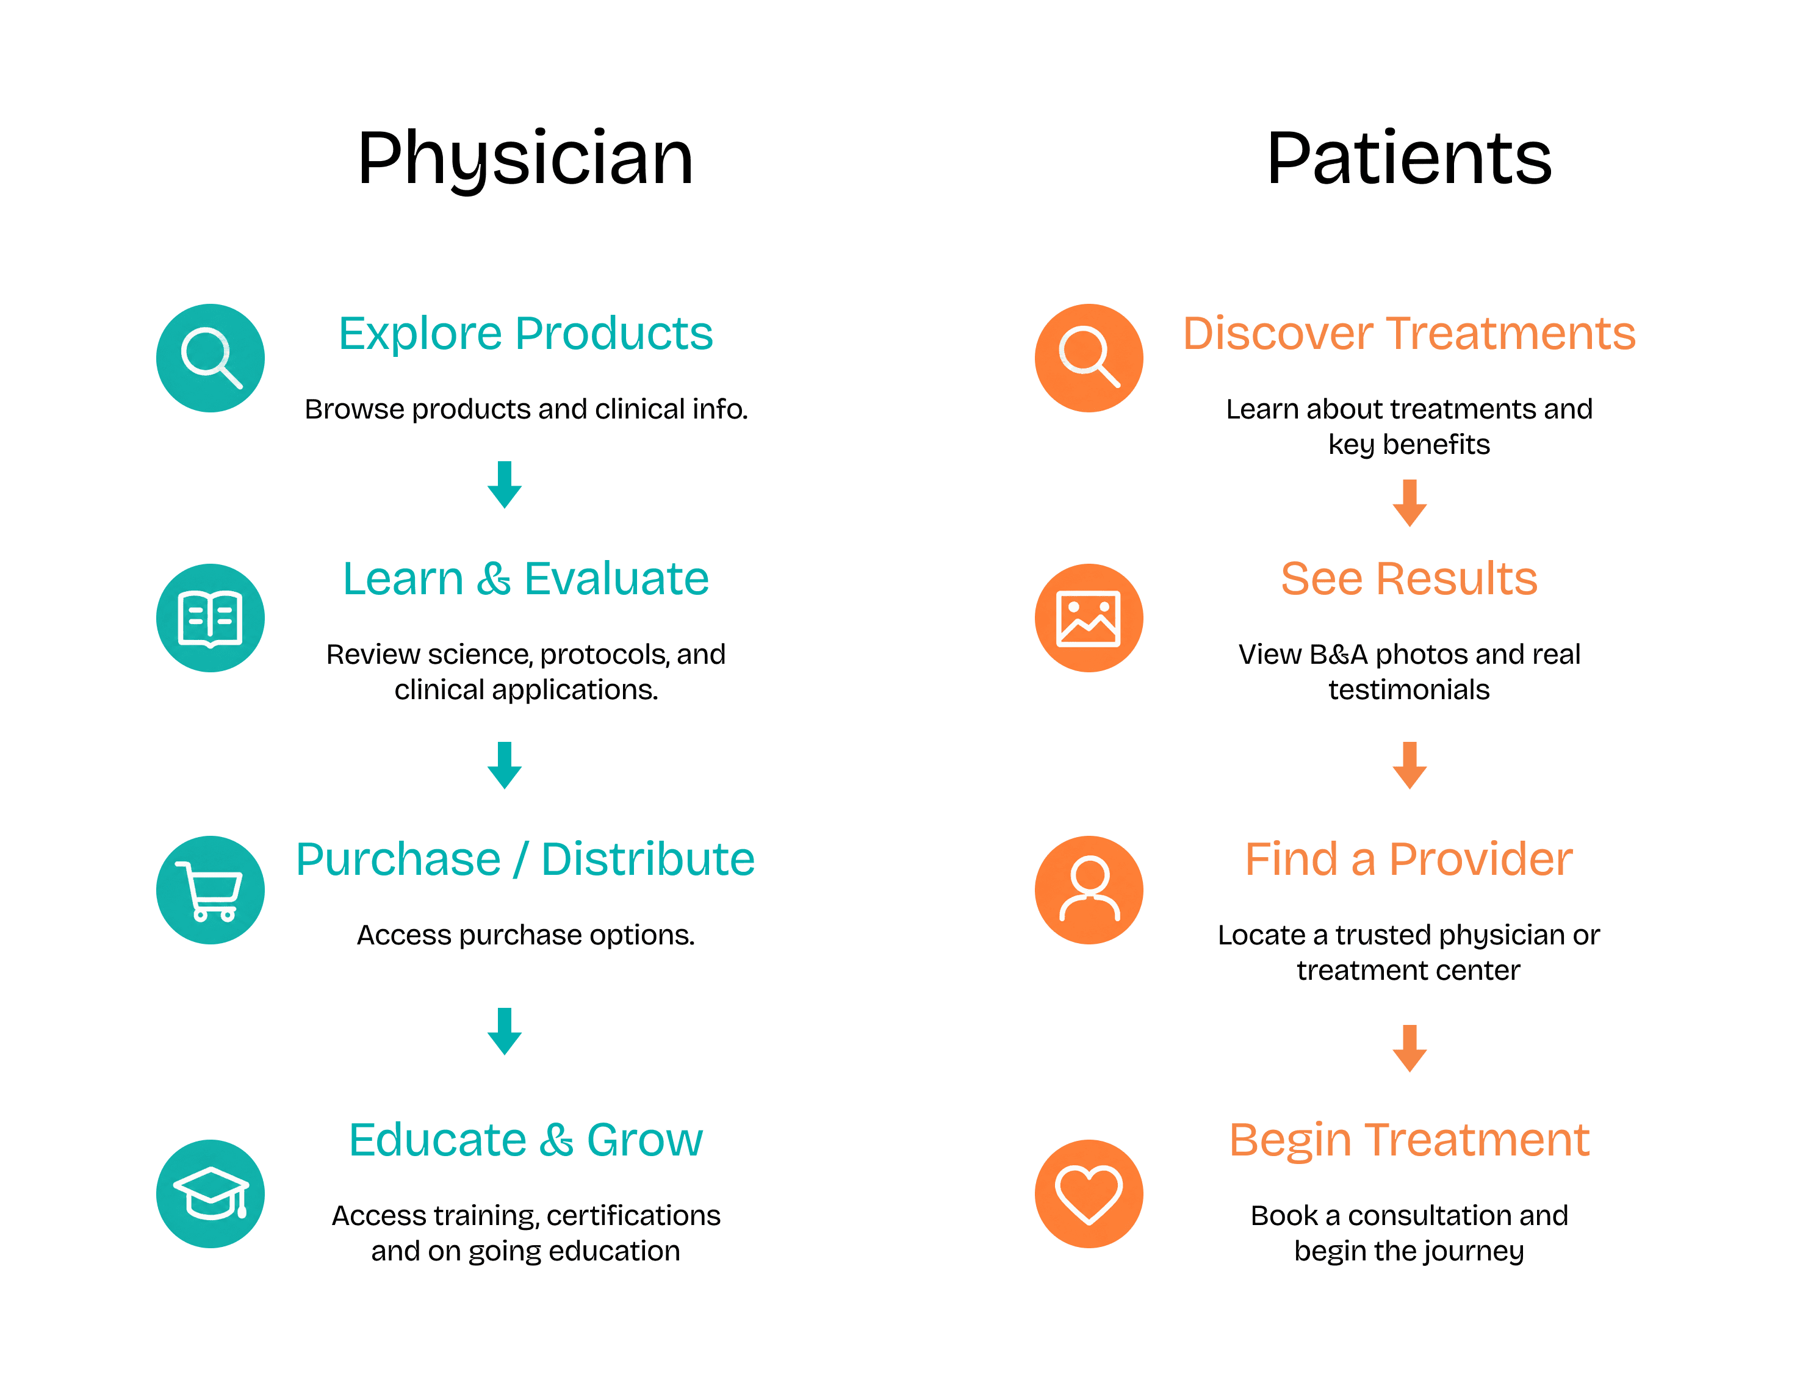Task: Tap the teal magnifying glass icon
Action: (211, 358)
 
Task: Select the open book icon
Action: (211, 618)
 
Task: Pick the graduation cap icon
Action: (211, 1193)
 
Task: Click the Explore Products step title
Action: (525, 334)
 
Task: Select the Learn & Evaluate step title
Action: (525, 578)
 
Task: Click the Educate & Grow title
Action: (525, 1140)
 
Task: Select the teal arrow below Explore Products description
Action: (504, 484)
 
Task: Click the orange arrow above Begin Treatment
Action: (1410, 1048)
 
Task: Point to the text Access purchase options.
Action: (525, 935)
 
